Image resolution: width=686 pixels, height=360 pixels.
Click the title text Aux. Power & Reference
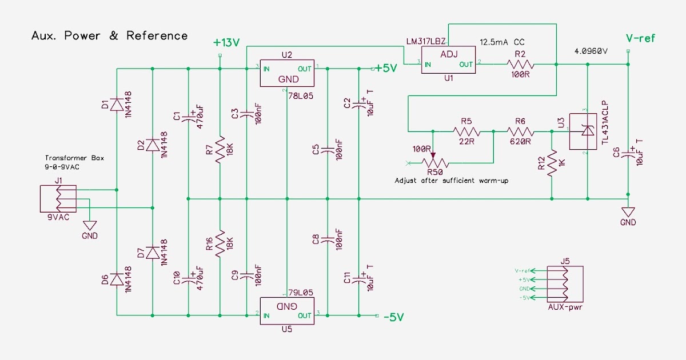point(109,36)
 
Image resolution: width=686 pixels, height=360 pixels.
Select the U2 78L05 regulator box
point(286,73)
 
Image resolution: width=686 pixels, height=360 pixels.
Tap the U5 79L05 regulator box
point(286,310)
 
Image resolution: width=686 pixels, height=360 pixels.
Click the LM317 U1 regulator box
point(448,60)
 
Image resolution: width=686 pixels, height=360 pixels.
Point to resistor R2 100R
point(520,65)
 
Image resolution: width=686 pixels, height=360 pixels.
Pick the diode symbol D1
point(117,105)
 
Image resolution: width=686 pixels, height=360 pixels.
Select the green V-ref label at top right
point(640,38)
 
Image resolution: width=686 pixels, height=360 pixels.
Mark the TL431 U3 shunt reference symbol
point(587,131)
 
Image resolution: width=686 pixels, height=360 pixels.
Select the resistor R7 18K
point(220,150)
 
